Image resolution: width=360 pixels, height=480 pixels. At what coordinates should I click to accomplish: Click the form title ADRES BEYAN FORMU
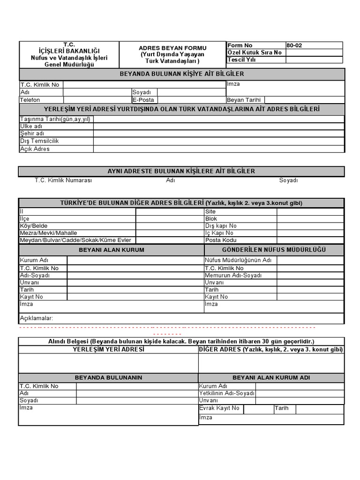[172, 48]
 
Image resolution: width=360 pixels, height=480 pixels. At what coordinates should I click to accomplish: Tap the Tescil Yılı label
[242, 60]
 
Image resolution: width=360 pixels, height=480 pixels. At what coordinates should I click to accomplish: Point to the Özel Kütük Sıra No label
[255, 52]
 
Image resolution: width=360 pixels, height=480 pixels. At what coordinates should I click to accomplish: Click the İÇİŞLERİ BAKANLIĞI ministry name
[69, 51]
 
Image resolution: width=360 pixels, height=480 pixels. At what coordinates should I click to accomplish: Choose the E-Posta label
[143, 100]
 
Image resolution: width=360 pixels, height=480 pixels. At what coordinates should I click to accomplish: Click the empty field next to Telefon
[97, 100]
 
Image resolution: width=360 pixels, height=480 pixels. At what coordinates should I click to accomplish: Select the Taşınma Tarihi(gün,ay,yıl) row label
[55, 119]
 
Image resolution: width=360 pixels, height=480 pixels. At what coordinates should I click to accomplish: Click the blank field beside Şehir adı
[218, 134]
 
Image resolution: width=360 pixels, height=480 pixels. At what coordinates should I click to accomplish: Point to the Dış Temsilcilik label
[39, 141]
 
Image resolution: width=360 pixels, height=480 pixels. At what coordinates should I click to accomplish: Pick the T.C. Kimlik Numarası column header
[63, 180]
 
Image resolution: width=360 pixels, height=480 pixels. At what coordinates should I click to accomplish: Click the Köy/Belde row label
[34, 226]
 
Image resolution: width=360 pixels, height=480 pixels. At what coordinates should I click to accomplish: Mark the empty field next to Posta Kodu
[310, 240]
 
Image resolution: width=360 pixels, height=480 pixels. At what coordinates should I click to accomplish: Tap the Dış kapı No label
[218, 226]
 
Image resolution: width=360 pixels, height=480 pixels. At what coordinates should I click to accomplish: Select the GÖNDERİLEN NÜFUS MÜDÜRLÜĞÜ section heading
[274, 250]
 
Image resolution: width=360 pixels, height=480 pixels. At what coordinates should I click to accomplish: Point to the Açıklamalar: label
[36, 318]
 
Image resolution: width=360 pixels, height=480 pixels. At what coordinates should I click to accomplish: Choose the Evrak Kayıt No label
[219, 408]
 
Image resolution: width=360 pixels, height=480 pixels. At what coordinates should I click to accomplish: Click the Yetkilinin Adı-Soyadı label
[227, 393]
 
